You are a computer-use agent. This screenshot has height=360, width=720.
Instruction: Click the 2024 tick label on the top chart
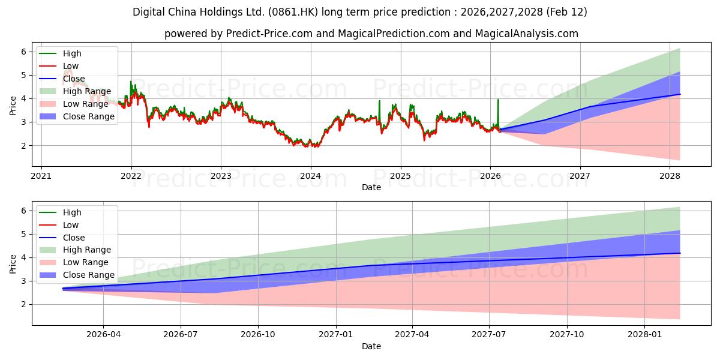tap(310, 176)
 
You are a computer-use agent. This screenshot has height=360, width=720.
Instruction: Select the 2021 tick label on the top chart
tap(41, 176)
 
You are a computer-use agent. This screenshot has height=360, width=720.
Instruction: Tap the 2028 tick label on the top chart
tap(670, 176)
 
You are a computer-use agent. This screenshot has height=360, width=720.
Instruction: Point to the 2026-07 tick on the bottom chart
tap(181, 334)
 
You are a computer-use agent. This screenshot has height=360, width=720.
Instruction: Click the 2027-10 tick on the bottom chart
tap(567, 334)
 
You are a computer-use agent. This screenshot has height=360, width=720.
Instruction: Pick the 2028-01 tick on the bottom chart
tap(644, 334)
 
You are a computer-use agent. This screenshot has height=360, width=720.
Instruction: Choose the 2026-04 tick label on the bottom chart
tap(103, 334)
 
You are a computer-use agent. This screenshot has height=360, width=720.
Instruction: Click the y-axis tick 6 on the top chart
tap(24, 52)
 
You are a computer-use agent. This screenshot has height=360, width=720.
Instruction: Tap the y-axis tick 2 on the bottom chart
tap(24, 304)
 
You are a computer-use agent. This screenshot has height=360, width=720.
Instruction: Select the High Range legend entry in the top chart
tap(86, 91)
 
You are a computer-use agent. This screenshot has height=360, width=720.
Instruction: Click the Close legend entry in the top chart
tap(74, 79)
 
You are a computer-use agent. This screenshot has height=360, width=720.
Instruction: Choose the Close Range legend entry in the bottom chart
tap(88, 275)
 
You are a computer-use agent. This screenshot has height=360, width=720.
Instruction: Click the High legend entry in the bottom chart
tap(72, 212)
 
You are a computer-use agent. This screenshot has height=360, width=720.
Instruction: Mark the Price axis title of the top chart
tap(13, 106)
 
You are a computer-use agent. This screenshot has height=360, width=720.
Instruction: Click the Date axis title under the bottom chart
tap(371, 346)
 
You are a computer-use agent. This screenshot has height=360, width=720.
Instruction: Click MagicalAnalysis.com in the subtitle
tap(526, 34)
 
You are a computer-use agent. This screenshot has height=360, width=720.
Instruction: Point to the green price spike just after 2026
tap(498, 101)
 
